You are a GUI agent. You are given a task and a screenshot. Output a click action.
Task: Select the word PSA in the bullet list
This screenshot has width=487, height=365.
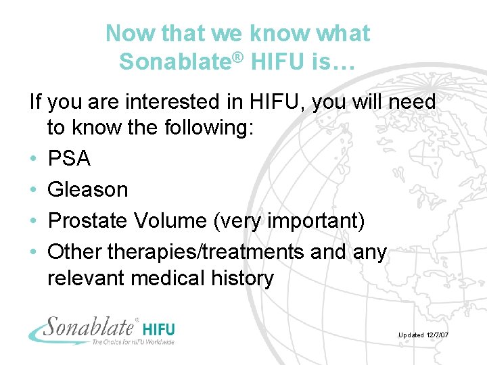(69, 159)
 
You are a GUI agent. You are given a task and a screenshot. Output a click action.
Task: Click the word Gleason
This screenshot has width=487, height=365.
(87, 190)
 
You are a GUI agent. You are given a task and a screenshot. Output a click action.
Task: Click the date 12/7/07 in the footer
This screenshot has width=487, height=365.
(438, 335)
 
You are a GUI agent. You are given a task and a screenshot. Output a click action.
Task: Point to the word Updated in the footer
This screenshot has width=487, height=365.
(411, 335)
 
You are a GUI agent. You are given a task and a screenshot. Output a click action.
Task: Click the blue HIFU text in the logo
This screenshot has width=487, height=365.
(160, 330)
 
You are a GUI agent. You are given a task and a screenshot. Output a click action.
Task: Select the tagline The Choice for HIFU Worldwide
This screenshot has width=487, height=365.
(133, 341)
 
